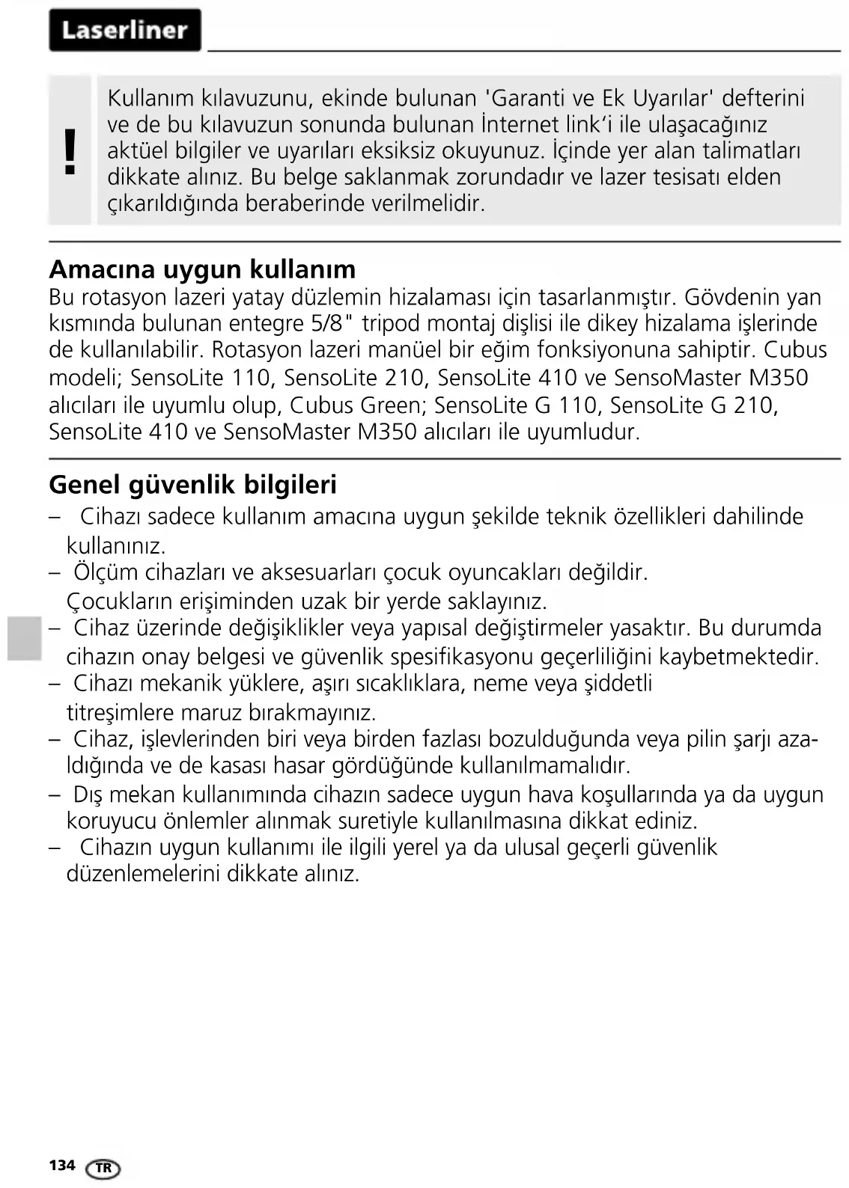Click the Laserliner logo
point(125,30)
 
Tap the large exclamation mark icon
point(70,151)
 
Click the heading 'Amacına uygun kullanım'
point(202,269)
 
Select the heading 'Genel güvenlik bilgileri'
point(192,484)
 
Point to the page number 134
point(62,1165)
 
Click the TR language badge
point(103,1168)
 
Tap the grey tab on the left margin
point(25,638)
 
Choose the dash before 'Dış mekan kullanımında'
point(55,794)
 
